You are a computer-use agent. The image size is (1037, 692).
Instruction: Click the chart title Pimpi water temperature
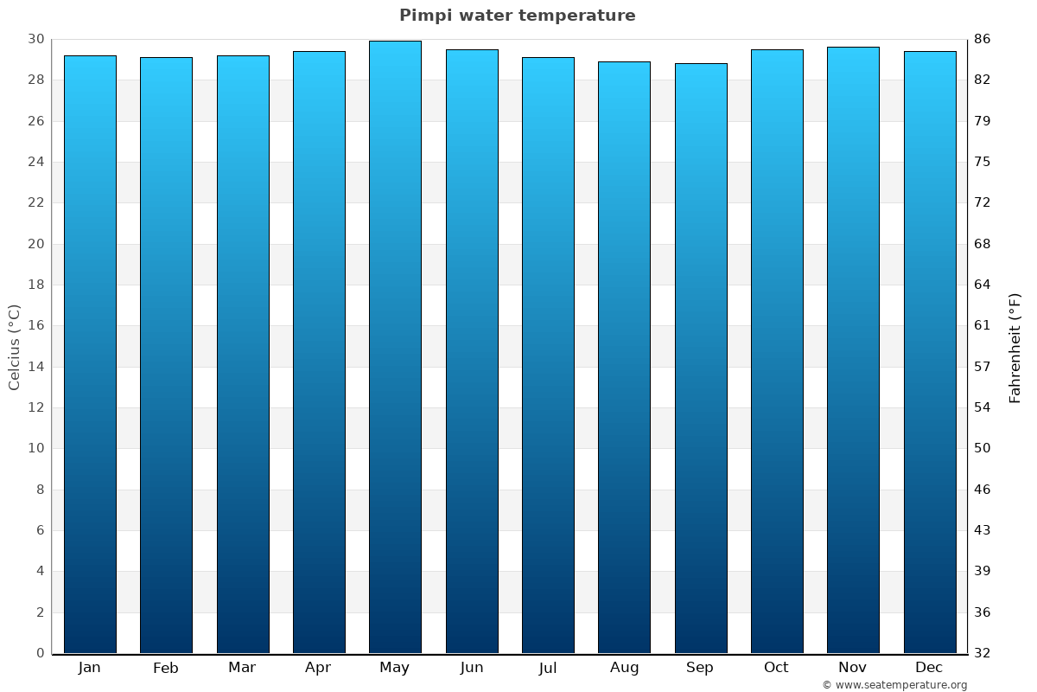point(517,16)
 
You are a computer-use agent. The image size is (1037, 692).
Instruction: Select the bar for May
point(395,346)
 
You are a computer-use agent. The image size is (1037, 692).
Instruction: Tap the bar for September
point(700,358)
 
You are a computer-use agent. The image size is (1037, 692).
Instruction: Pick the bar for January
point(90,355)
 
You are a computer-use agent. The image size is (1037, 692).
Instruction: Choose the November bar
point(853,349)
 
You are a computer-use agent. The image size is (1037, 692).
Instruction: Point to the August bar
point(624,357)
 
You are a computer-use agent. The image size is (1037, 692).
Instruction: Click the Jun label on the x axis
point(472,668)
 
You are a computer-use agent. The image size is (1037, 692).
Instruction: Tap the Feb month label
point(165,668)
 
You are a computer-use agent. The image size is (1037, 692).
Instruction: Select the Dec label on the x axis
point(929,668)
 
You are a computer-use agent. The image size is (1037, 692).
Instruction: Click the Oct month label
point(776,668)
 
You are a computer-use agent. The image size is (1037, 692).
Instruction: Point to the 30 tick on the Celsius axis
point(36,39)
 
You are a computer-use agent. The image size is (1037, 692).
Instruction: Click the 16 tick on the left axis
point(36,326)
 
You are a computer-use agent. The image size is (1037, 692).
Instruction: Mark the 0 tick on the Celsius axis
point(40,653)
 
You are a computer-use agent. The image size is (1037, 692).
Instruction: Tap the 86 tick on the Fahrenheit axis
point(983,39)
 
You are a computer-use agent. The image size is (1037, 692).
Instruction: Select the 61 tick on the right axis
point(983,326)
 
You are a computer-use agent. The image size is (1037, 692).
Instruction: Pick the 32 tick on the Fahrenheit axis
point(983,653)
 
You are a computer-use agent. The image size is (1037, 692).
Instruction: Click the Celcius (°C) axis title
point(14,346)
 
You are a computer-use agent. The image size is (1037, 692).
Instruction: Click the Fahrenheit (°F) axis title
point(1015,347)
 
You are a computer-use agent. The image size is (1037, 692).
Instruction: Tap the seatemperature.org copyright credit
point(894,685)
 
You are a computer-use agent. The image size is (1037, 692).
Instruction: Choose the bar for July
point(548,355)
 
